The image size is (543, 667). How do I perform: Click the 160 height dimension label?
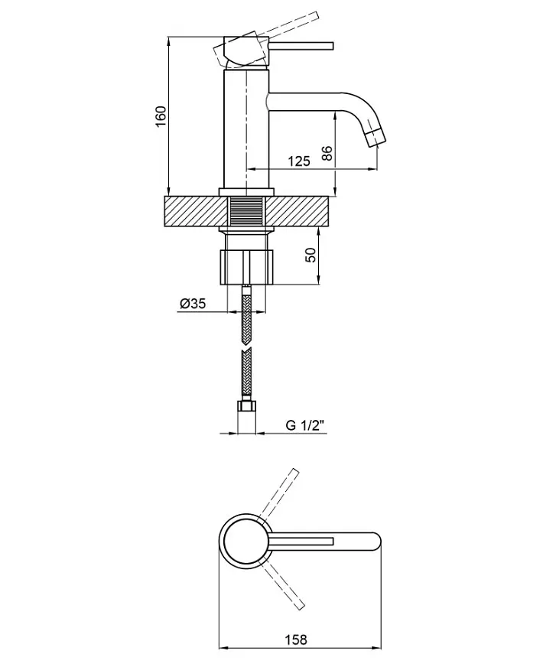point(161,116)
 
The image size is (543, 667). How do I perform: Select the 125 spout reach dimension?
point(299,161)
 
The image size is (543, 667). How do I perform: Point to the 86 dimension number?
point(327,153)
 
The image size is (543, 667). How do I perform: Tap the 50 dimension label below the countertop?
point(311,255)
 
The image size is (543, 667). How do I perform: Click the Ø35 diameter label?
point(193,304)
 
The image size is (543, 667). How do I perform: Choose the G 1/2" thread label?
point(305,425)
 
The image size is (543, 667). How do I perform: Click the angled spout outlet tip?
point(376,138)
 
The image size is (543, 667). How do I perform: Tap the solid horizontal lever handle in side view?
point(301,47)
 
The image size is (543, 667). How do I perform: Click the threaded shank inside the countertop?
point(246,212)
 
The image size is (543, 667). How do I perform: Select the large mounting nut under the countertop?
point(246,267)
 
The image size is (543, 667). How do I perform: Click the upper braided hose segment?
point(246,315)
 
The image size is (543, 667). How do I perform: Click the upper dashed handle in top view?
point(279,494)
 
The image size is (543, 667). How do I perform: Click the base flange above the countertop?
point(246,192)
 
